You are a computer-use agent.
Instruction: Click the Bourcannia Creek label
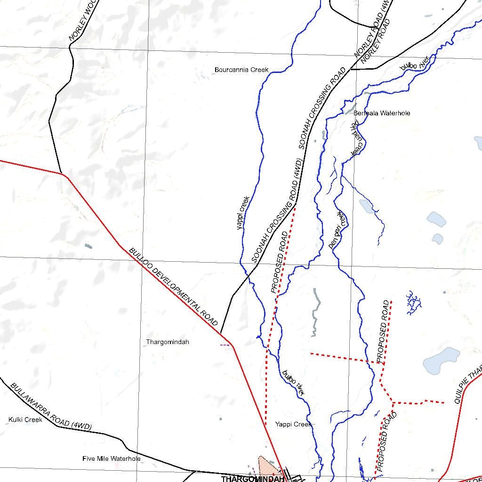point(241,70)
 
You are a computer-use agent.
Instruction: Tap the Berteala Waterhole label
point(382,113)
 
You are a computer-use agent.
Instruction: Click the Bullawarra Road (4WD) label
point(50,406)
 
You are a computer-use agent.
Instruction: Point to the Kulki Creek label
point(25,419)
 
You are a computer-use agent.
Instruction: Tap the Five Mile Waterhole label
point(111,458)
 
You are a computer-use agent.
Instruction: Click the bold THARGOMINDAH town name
point(252,479)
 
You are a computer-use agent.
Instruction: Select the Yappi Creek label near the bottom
point(293,424)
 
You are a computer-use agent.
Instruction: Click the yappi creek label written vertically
point(243,213)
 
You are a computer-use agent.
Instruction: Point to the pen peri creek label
point(338,230)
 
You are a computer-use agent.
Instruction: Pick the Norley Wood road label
point(82,21)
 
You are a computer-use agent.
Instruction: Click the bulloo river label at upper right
point(414,64)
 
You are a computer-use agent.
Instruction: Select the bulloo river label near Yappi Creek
point(293,382)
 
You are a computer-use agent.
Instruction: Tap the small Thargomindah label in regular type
point(168,342)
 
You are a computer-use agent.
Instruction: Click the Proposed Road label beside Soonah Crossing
point(280,262)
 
